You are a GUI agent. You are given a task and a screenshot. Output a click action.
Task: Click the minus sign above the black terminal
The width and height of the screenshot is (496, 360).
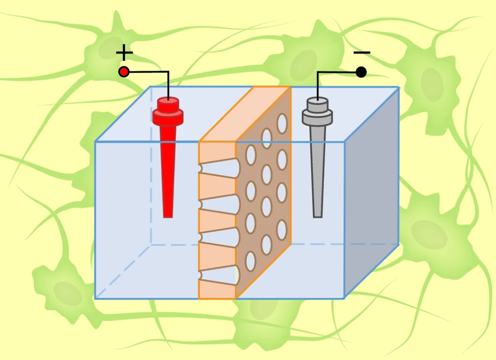tap(361, 52)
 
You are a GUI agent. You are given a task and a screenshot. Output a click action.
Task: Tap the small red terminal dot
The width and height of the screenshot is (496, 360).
tap(124, 72)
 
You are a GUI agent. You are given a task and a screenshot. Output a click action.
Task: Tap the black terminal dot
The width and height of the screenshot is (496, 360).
tap(361, 72)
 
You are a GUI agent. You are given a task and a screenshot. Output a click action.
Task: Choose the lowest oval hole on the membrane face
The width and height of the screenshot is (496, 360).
tap(250, 260)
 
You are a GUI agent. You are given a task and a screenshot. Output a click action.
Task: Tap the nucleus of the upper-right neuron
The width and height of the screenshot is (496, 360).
tap(431, 80)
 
